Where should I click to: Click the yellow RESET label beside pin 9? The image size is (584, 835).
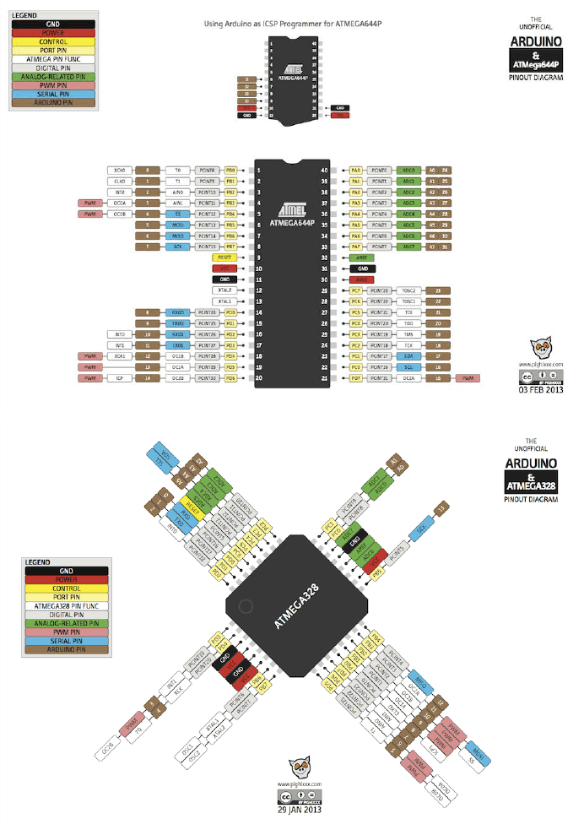[x=225, y=256]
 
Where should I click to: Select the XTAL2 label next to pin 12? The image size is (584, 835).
[x=225, y=290]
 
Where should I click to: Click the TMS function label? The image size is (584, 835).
[x=408, y=335]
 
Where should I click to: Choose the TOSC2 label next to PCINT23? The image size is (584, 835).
[x=409, y=290]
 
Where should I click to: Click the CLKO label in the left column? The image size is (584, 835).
[x=119, y=182]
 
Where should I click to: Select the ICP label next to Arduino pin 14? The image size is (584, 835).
[x=119, y=379]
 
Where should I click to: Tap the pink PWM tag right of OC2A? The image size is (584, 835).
[x=467, y=379]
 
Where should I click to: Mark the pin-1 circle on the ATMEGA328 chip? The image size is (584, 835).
[x=246, y=605]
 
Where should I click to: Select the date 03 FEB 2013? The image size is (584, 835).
[x=541, y=390]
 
